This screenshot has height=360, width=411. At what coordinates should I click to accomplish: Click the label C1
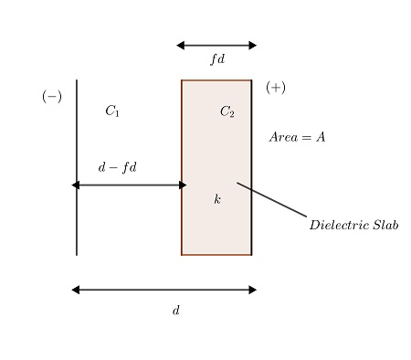point(111,111)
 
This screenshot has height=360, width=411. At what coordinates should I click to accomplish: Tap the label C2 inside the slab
point(227,112)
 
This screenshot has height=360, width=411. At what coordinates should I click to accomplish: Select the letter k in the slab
point(217,199)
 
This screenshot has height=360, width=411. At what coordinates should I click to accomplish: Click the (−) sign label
point(52,97)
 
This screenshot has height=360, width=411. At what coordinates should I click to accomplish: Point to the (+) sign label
point(275,88)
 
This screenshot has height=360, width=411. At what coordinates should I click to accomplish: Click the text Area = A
point(297,138)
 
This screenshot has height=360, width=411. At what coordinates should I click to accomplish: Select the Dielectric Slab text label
point(353,225)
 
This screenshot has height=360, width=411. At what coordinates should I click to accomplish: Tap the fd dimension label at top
point(216,59)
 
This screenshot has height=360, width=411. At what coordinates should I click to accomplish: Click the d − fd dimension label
point(117,168)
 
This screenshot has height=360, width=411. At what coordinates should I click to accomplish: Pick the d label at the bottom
point(176,311)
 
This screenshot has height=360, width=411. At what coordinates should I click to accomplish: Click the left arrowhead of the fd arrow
point(181,45)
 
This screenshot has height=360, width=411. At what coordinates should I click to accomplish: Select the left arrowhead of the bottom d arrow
point(76,290)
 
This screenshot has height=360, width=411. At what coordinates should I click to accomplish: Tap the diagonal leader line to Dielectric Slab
point(272,200)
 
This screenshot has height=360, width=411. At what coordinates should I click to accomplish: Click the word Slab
point(384,225)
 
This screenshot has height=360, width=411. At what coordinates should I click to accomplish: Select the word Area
point(282,138)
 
